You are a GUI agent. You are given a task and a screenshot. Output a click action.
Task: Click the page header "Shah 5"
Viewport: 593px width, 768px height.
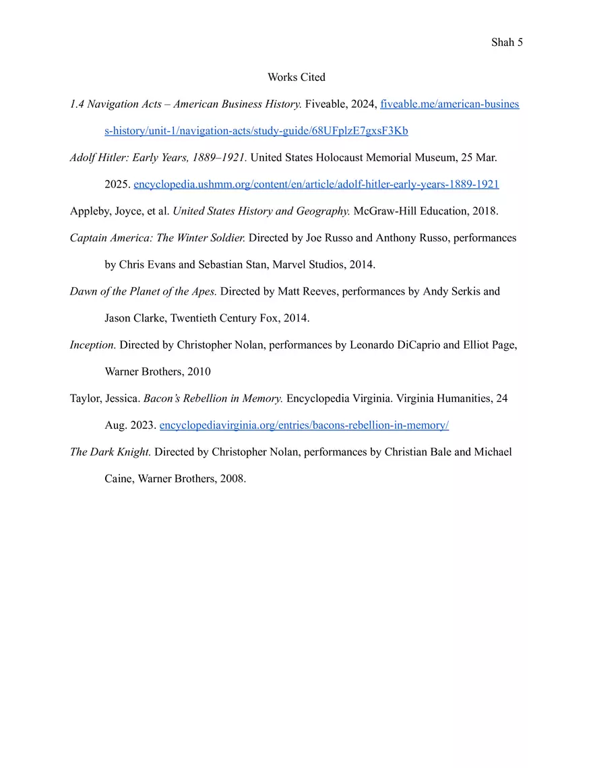click(507, 42)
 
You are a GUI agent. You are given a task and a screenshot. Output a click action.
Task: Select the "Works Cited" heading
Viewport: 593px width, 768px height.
click(296, 78)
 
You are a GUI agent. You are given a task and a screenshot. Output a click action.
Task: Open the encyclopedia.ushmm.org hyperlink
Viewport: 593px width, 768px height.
click(316, 184)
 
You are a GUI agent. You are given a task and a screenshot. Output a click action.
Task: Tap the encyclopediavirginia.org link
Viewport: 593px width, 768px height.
click(304, 425)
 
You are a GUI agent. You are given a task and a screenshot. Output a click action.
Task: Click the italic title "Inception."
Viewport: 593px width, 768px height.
click(93, 345)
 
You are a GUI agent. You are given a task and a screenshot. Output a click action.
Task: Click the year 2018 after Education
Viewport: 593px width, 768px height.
click(485, 211)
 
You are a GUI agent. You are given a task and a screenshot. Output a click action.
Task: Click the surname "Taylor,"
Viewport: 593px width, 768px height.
click(86, 398)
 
